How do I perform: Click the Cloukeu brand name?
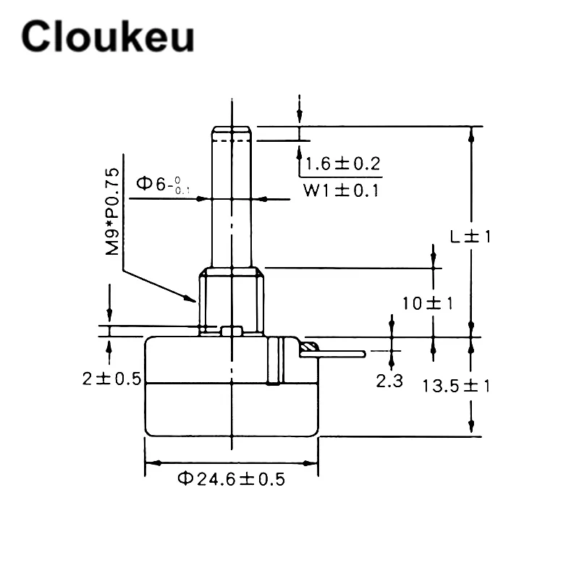coord(108,36)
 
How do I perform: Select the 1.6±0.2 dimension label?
coord(343,164)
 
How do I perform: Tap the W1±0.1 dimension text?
coord(341,190)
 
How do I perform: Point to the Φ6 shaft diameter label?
coord(163,184)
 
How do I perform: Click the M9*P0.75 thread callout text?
coord(112,211)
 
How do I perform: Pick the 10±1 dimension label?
coord(428,303)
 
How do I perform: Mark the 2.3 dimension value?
coord(389,381)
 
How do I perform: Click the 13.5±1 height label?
coord(457,386)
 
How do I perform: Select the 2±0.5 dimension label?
coord(112,379)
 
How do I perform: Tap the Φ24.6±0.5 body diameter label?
coord(232,479)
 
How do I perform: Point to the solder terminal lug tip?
coord(363,354)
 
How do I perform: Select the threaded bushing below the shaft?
coord(232,301)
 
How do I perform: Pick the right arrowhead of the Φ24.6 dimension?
coord(310,462)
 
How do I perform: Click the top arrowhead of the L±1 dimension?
coord(471,134)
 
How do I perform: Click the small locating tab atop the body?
coord(232,331)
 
